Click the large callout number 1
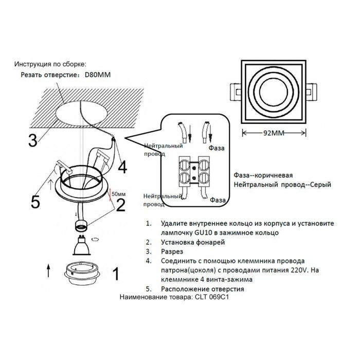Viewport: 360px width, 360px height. pos(116,274)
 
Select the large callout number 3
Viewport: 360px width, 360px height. pos(32,140)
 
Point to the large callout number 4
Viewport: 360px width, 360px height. pos(122,167)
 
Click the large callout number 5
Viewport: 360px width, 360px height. pos(35,202)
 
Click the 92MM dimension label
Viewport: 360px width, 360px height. pos(274,133)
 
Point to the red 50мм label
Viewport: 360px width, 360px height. pos(118,194)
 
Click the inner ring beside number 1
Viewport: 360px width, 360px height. pos(81,272)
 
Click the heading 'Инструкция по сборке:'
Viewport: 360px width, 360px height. pos(50,64)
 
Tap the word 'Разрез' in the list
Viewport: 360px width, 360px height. pos(172,251)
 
